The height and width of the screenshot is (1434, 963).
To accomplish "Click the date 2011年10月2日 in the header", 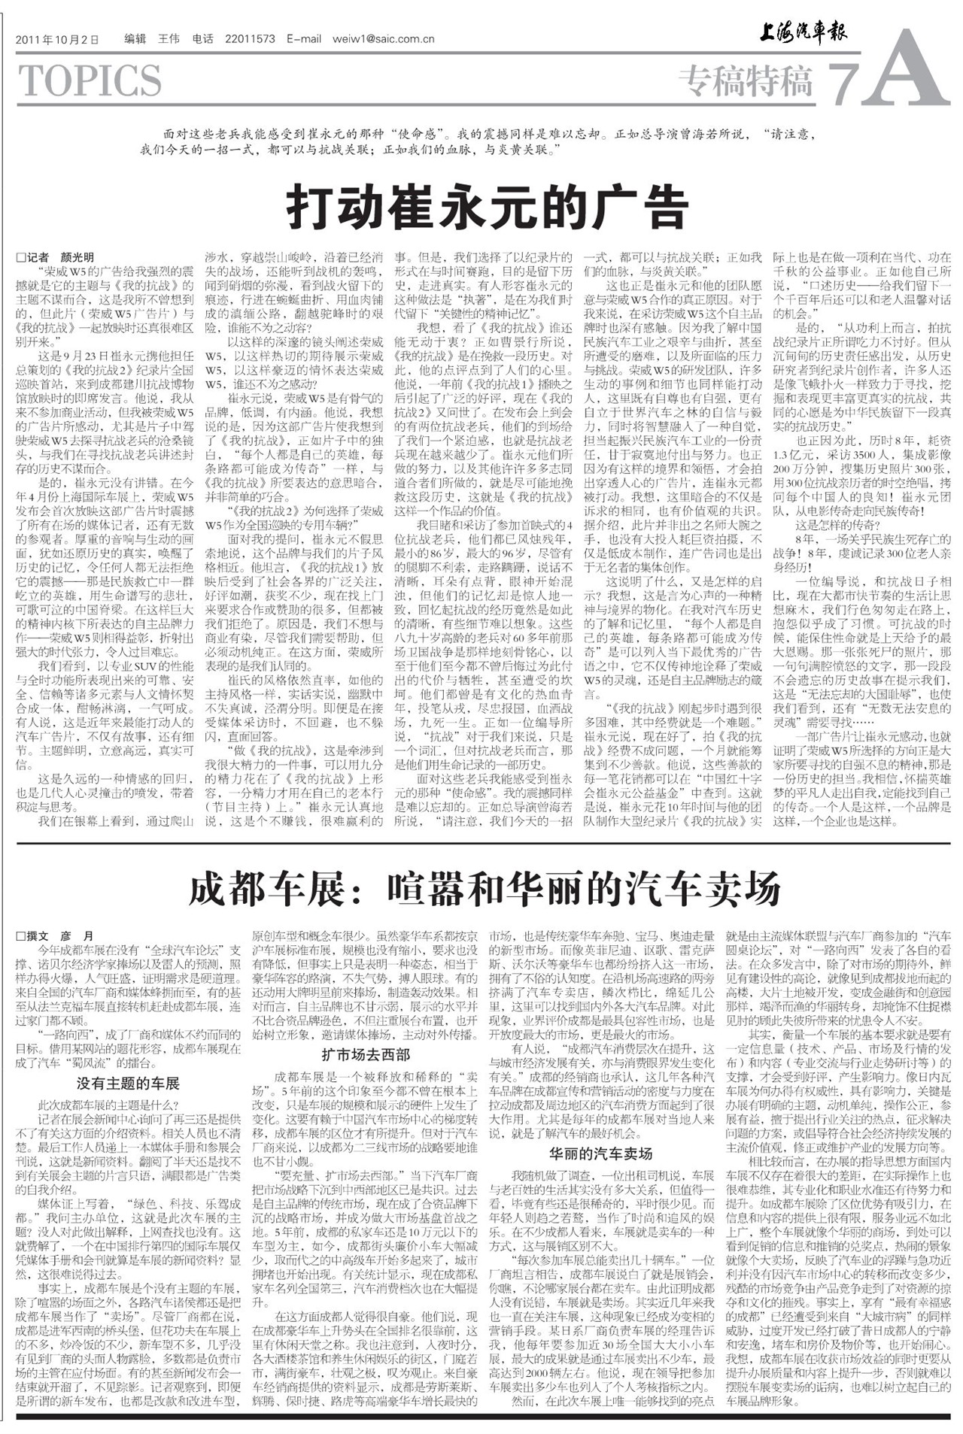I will coord(56,40).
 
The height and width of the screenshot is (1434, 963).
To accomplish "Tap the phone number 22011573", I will coord(251,39).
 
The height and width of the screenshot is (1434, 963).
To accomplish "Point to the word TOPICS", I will coord(90,80).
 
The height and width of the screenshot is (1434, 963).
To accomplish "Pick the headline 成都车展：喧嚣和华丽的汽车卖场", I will coord(484,890).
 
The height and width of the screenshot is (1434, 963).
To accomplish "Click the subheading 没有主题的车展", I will coord(128,1084).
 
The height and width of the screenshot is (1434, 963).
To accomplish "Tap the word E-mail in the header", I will coord(304,39).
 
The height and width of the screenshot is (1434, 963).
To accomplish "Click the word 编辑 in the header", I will coord(135,39).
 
